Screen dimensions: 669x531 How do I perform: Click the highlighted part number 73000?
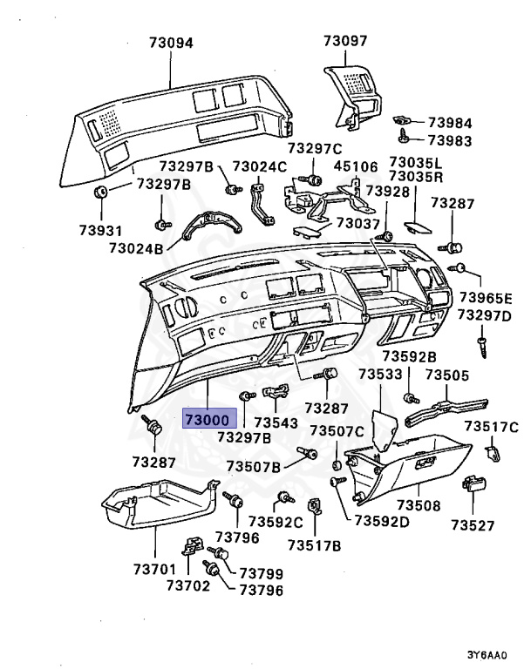coord(210,419)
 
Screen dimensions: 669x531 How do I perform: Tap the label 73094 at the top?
coord(170,42)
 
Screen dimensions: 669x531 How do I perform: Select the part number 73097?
coord(345,40)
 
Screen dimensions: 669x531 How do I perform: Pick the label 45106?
coord(357,167)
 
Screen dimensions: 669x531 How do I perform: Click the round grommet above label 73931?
coord(101,192)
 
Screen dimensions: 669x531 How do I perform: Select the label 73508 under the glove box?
coord(419,505)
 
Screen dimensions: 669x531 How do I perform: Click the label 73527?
coord(473,525)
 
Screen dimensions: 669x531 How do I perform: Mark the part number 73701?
coord(155,569)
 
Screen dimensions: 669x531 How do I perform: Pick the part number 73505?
coord(447,375)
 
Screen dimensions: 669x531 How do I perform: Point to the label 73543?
coord(276,423)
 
